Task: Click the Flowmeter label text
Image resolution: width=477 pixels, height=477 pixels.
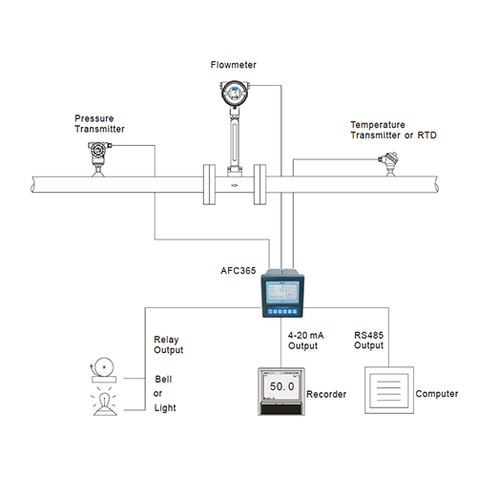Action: pos(233,65)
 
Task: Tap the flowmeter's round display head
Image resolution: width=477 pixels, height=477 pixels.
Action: pos(235,93)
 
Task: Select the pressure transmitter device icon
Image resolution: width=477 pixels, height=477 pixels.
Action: pos(98,159)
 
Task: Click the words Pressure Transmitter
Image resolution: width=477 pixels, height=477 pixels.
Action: pos(99,124)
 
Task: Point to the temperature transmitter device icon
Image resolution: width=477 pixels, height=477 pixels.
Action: pos(389,164)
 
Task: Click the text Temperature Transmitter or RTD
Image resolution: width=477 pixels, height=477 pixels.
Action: pos(393,130)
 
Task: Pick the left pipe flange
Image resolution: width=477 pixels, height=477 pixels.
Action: pos(209,184)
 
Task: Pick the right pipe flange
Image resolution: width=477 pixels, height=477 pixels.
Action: pos(259,184)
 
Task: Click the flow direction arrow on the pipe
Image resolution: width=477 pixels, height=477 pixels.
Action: pos(235,185)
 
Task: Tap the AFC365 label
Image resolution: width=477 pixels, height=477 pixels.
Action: pos(238,271)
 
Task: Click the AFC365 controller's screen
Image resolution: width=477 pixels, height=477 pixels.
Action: pos(282,292)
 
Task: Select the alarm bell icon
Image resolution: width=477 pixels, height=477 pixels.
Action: pos(103,370)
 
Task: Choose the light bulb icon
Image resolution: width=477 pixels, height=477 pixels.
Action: pos(105,403)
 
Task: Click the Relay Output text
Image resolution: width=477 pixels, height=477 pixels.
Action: pos(168,344)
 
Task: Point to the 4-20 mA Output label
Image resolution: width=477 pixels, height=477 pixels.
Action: pos(305,341)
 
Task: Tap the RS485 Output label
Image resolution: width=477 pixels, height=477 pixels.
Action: pos(368,341)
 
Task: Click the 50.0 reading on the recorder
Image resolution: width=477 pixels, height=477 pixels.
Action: pos(282,386)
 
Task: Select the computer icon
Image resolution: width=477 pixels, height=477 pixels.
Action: pos(389,390)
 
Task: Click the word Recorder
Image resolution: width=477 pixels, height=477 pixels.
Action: pos(326,394)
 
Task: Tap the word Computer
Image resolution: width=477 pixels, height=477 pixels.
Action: pos(437,394)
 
